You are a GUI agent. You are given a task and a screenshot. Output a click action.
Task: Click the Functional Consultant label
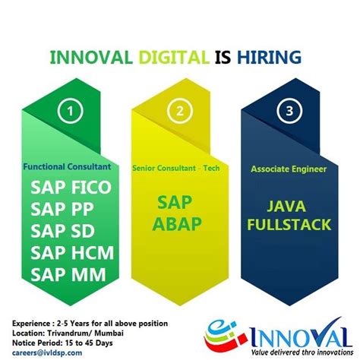click(67, 166)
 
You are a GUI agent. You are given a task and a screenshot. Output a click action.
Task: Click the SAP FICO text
click(71, 187)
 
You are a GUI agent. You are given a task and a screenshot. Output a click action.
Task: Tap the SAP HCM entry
click(71, 252)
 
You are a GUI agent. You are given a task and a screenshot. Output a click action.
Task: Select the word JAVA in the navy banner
click(289, 205)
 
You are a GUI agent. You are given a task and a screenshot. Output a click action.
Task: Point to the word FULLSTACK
click(289, 225)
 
